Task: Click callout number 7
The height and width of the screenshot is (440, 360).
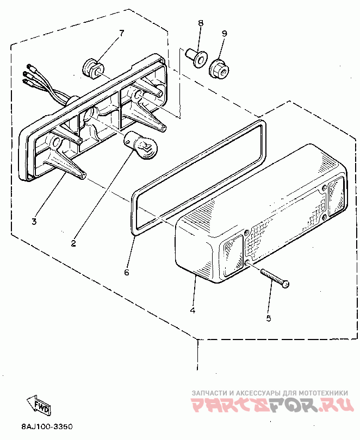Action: [121, 33]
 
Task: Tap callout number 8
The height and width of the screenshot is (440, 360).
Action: [200, 23]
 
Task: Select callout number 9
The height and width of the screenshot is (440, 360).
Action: [223, 33]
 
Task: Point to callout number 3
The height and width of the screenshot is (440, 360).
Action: [34, 221]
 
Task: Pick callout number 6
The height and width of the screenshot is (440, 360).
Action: [127, 272]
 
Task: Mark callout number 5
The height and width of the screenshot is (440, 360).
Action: [268, 318]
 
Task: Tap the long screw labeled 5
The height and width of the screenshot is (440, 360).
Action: [275, 277]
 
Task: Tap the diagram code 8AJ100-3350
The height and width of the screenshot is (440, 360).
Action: [47, 427]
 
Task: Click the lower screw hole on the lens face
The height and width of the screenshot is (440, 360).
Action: [248, 263]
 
